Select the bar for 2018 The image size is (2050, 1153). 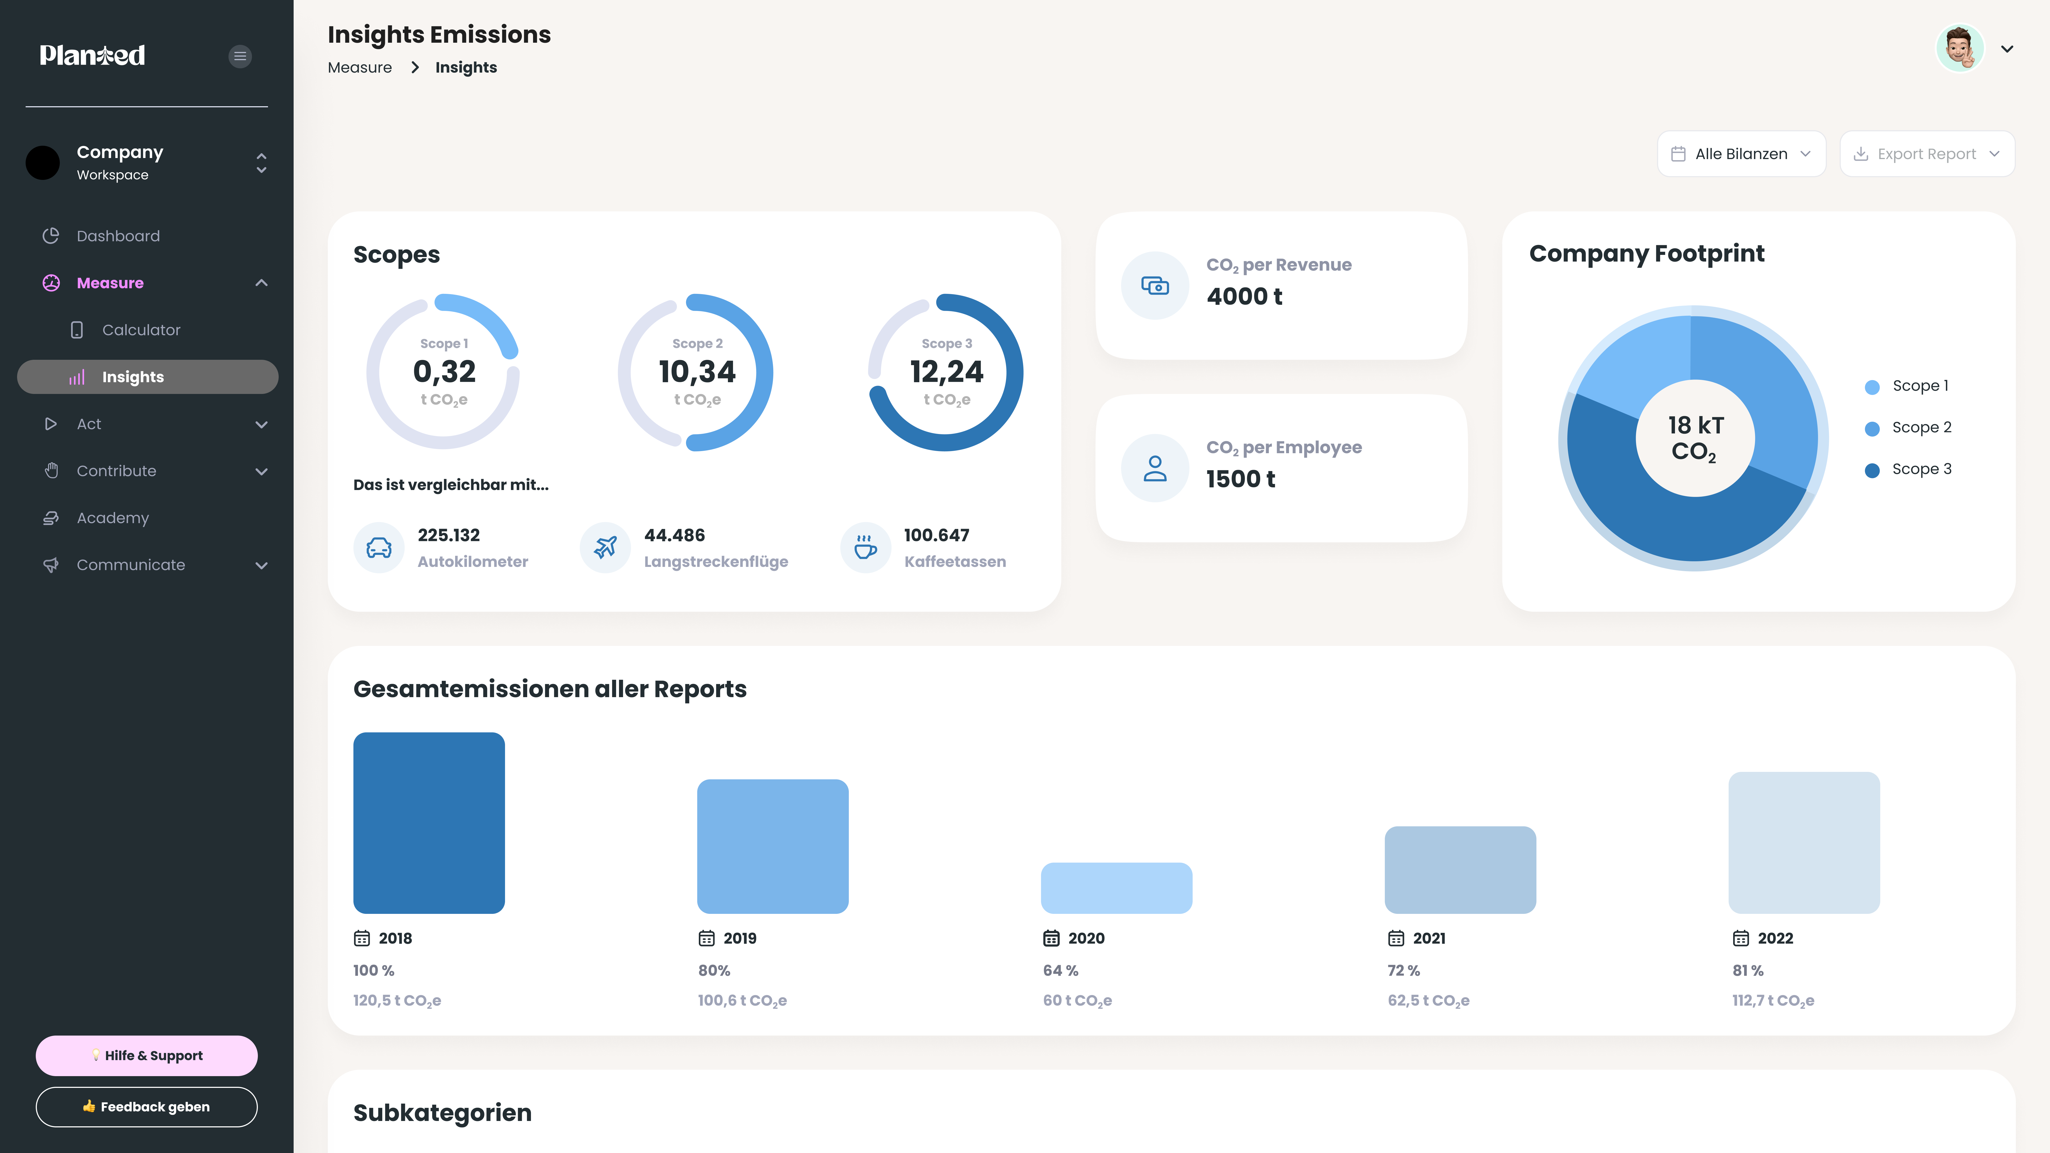tap(429, 823)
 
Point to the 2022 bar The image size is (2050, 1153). tap(1804, 843)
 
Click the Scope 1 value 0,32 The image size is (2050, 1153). tap(444, 372)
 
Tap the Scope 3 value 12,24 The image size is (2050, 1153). tap(946, 372)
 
